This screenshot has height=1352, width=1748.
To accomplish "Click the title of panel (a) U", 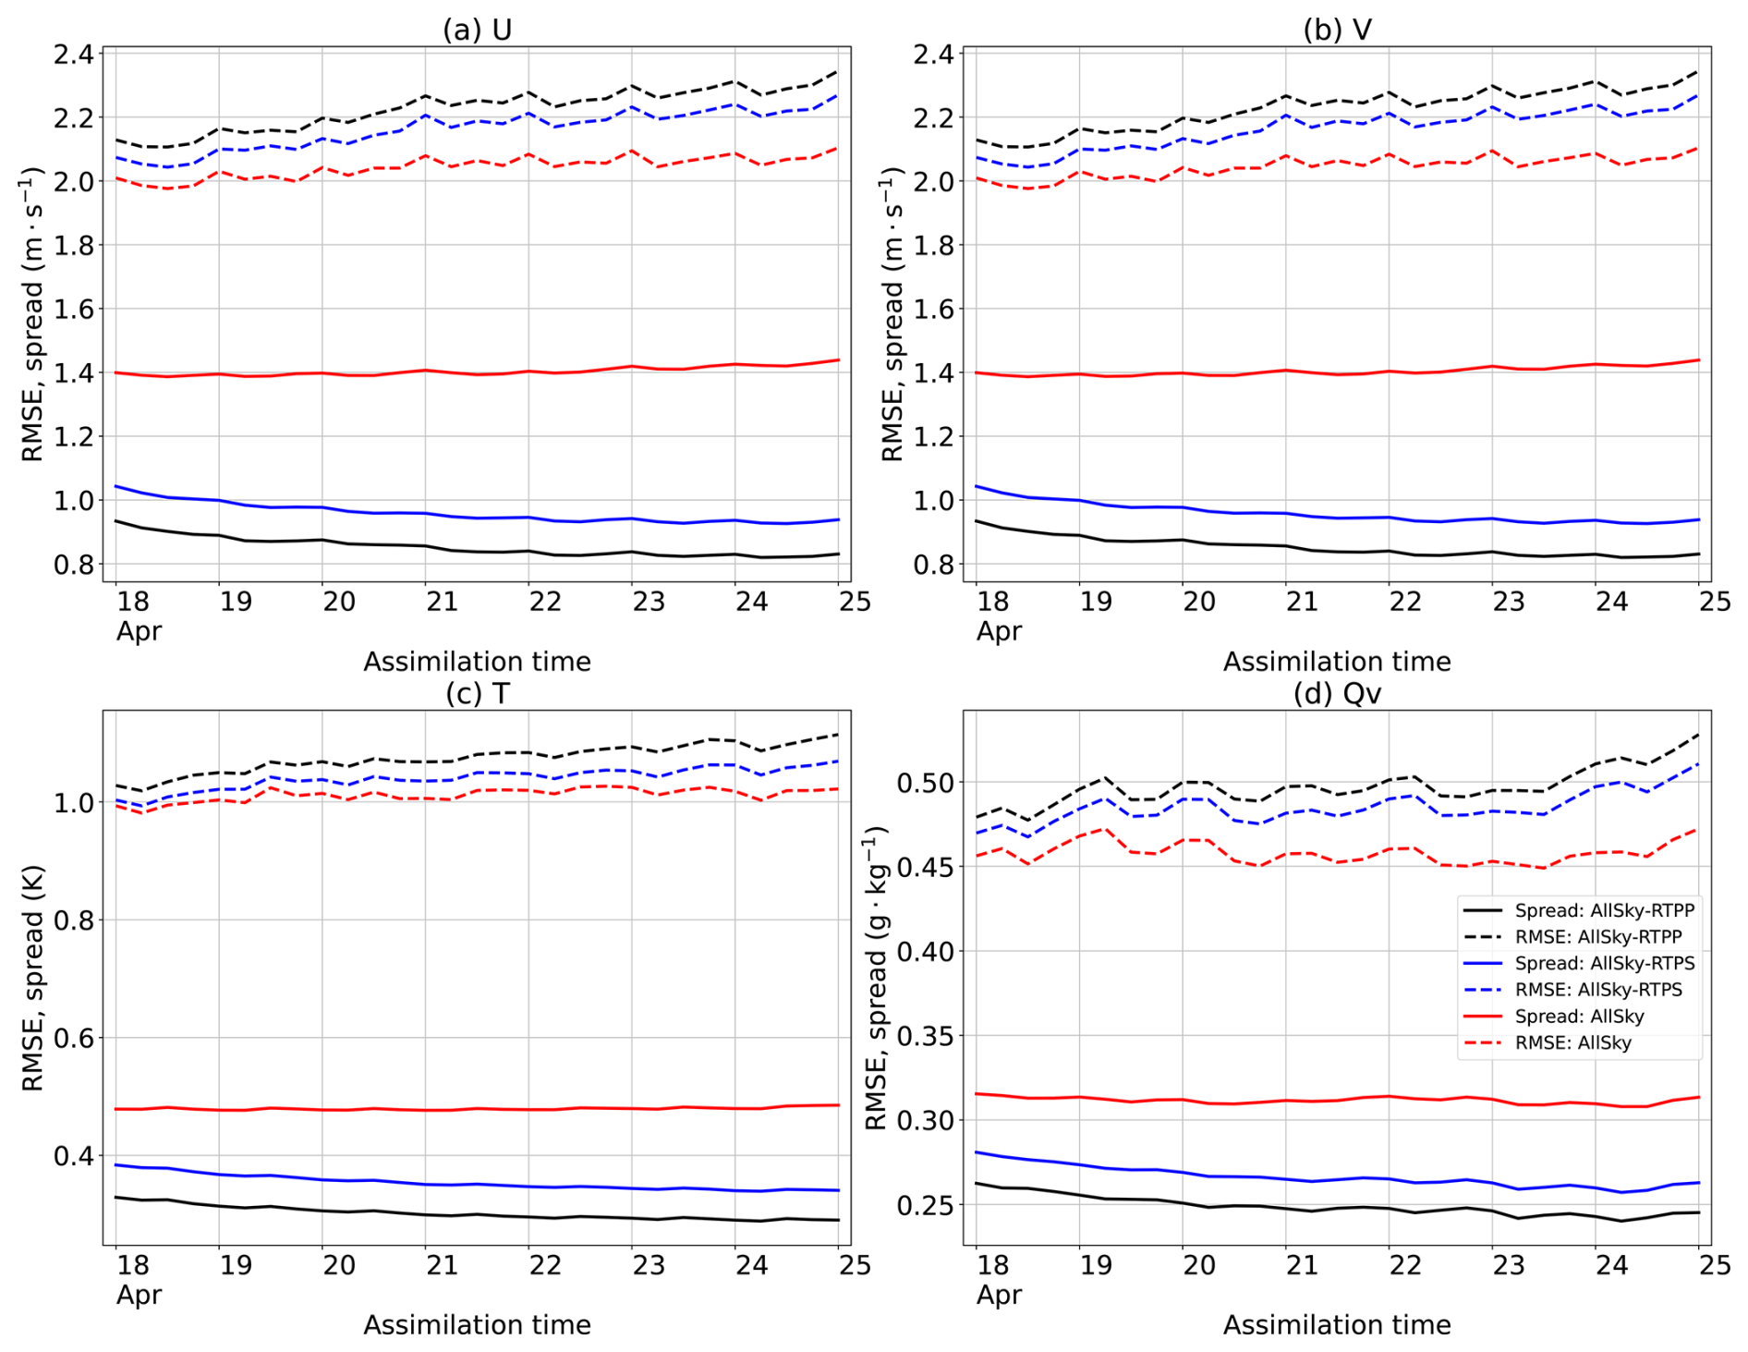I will tap(477, 30).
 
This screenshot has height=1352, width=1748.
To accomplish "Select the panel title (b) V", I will tap(1337, 30).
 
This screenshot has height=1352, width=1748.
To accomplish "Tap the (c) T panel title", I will tap(477, 693).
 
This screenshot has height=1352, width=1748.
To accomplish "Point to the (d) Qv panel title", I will tap(1337, 693).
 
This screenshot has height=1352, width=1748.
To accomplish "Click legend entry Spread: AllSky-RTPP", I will tap(1604, 910).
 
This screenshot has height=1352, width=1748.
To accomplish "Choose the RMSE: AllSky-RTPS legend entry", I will tap(1598, 990).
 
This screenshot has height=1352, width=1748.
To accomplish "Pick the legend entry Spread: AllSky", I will tap(1579, 1017).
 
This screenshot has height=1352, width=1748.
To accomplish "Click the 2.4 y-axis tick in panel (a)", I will tap(74, 54).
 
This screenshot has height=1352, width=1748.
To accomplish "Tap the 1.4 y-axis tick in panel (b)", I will tap(934, 373).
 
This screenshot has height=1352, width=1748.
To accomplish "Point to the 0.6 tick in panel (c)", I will tap(74, 1038).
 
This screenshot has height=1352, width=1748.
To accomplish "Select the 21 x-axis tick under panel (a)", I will tap(442, 602).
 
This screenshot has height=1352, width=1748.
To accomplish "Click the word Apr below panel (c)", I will tap(139, 1295).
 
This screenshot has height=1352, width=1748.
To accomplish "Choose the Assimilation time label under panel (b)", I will tap(1337, 662).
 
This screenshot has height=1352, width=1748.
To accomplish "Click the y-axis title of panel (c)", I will tap(33, 978).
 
